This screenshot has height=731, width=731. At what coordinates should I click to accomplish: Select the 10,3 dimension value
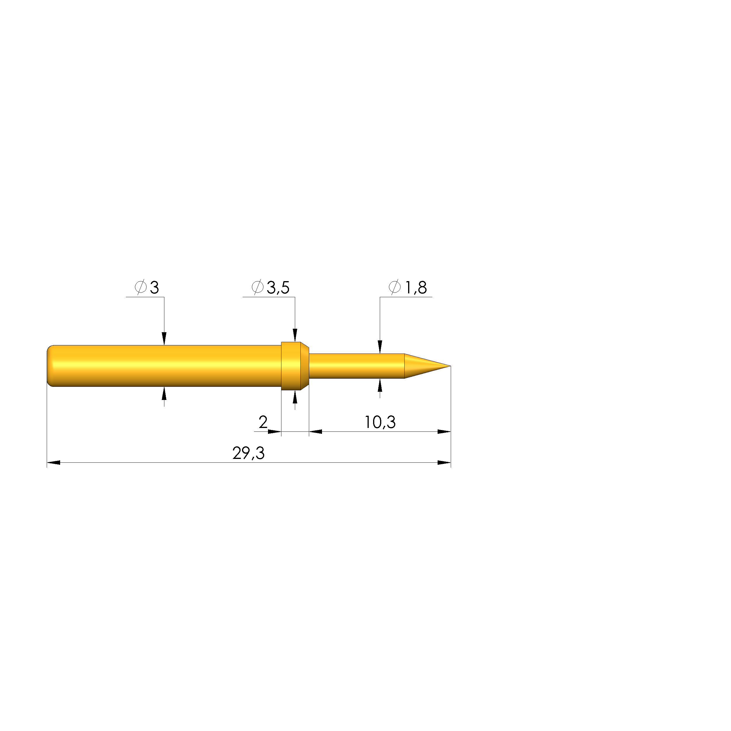380,422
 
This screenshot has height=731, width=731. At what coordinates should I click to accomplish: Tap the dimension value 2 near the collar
263,422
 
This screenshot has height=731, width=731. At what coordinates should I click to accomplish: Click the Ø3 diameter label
147,288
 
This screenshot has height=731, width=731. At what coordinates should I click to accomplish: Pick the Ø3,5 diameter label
271,288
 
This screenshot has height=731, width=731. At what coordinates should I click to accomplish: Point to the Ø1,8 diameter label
408,288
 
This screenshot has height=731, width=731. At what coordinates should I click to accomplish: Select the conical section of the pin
422,366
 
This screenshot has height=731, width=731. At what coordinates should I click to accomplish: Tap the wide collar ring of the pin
293,366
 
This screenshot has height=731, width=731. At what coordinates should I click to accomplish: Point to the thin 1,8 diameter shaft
356,366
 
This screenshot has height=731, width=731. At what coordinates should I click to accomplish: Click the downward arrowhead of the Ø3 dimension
164,339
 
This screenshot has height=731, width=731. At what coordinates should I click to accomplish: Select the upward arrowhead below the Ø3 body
164,394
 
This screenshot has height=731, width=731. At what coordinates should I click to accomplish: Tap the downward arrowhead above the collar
295,335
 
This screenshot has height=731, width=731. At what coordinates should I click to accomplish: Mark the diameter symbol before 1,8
394,288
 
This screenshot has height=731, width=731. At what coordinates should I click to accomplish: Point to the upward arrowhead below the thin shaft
380,385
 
